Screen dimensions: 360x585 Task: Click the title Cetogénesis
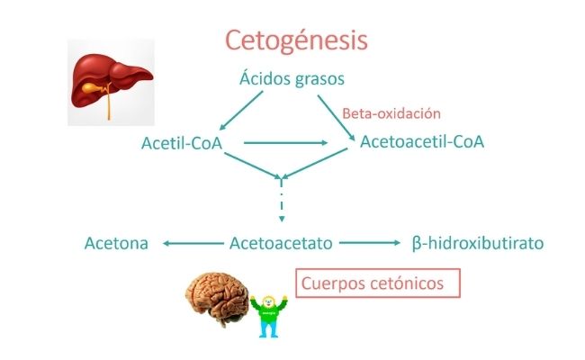click(295, 40)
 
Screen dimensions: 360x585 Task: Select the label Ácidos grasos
click(292, 78)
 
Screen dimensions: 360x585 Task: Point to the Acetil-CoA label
click(182, 143)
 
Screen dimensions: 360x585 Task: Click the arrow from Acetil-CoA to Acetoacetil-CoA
click(285, 142)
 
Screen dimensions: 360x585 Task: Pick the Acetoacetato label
click(282, 242)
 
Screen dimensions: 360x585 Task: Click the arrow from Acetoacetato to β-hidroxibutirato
click(369, 242)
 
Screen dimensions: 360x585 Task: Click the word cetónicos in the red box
click(410, 283)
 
